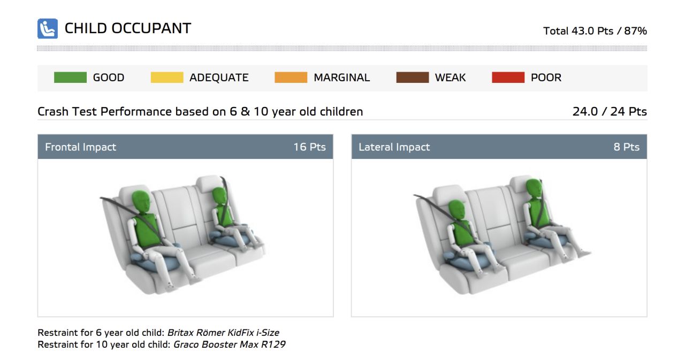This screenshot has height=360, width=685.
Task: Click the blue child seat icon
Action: (x=48, y=29)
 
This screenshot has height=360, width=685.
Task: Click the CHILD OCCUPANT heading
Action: (x=128, y=28)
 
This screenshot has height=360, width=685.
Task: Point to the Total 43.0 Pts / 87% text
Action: (x=595, y=31)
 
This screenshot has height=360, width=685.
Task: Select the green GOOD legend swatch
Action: (x=70, y=78)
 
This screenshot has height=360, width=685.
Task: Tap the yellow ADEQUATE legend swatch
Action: (x=167, y=78)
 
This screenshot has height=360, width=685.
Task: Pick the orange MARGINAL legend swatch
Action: (x=291, y=78)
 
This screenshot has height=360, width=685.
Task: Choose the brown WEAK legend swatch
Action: (x=413, y=78)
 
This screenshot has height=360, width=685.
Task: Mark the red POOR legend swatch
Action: (x=508, y=78)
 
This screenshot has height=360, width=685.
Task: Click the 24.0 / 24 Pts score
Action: (x=610, y=112)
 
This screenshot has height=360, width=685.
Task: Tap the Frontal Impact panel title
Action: (x=80, y=147)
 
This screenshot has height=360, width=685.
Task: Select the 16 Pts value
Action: (x=310, y=147)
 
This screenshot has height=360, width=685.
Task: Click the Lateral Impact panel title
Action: (x=394, y=147)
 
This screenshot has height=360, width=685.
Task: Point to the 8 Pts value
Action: (x=627, y=147)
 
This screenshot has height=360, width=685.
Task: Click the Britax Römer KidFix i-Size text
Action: (x=223, y=333)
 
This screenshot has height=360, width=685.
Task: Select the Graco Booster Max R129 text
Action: (x=230, y=344)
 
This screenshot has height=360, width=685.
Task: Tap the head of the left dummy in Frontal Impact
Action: (x=141, y=202)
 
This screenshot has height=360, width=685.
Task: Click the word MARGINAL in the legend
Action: (x=341, y=78)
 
